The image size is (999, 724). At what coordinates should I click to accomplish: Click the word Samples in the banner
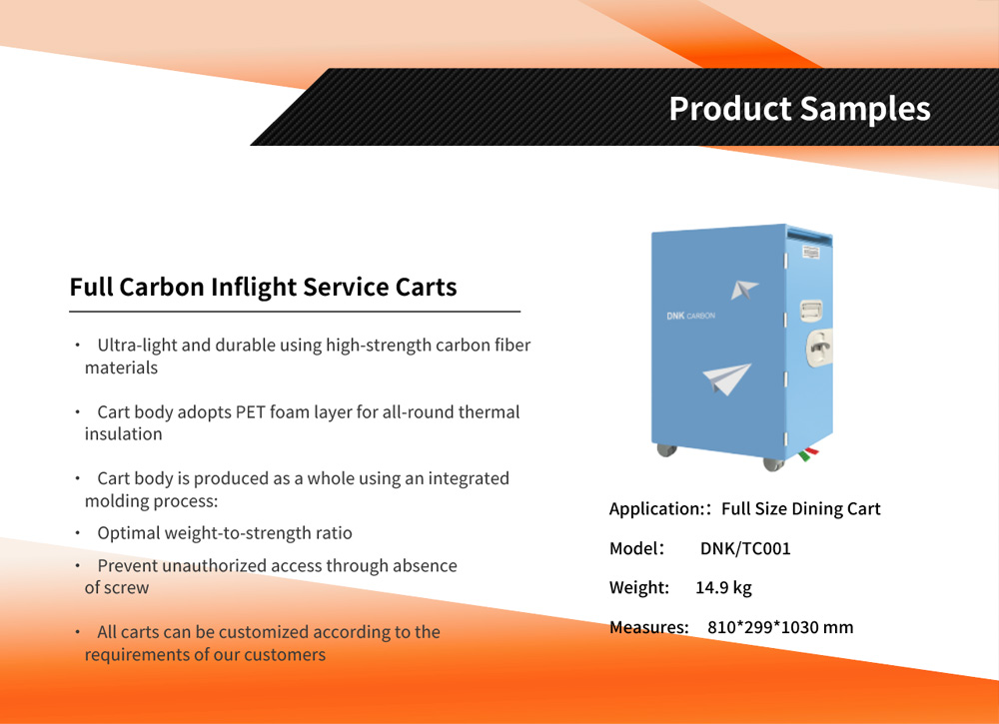tap(865, 110)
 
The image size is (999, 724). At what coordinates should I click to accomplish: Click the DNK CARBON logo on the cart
tap(690, 316)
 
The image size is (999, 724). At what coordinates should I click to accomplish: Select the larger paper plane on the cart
tap(727, 378)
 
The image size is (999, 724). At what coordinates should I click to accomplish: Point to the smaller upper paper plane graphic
tap(743, 290)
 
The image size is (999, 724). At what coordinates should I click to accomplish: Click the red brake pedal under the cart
tap(810, 451)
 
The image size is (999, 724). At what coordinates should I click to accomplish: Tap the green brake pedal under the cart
tap(804, 456)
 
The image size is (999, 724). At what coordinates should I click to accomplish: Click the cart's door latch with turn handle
tap(819, 348)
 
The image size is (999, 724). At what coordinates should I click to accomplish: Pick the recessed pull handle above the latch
tap(811, 311)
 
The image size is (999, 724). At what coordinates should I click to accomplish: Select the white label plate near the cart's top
tap(811, 253)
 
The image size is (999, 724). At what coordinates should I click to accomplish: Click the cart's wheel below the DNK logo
tap(666, 450)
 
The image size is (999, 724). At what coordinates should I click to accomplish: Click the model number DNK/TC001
tap(745, 549)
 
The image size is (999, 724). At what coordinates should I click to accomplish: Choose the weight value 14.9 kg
tap(723, 588)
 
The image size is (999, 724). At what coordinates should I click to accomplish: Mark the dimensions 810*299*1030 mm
tap(780, 628)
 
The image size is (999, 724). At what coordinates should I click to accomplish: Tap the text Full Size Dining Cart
tap(801, 508)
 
